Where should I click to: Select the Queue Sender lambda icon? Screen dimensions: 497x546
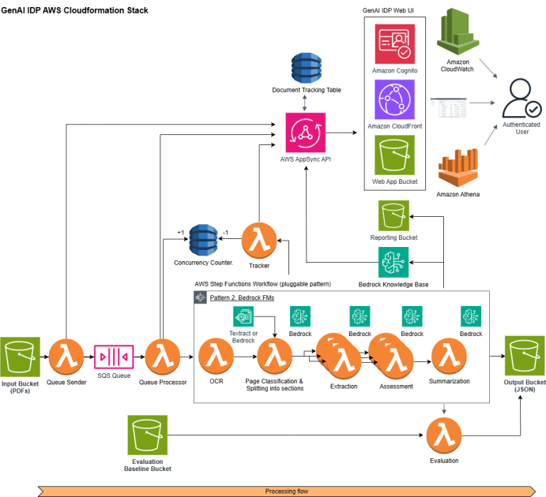(x=66, y=357)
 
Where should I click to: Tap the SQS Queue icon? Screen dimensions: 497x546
(x=114, y=357)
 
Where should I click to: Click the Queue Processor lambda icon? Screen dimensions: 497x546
(x=163, y=357)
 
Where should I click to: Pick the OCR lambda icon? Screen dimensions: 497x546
(x=216, y=357)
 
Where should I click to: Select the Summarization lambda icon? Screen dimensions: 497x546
(x=450, y=357)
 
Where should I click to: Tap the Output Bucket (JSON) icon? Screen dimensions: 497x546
(x=525, y=357)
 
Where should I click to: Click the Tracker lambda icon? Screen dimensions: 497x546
(x=258, y=241)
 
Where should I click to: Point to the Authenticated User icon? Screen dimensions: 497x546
(x=522, y=101)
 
